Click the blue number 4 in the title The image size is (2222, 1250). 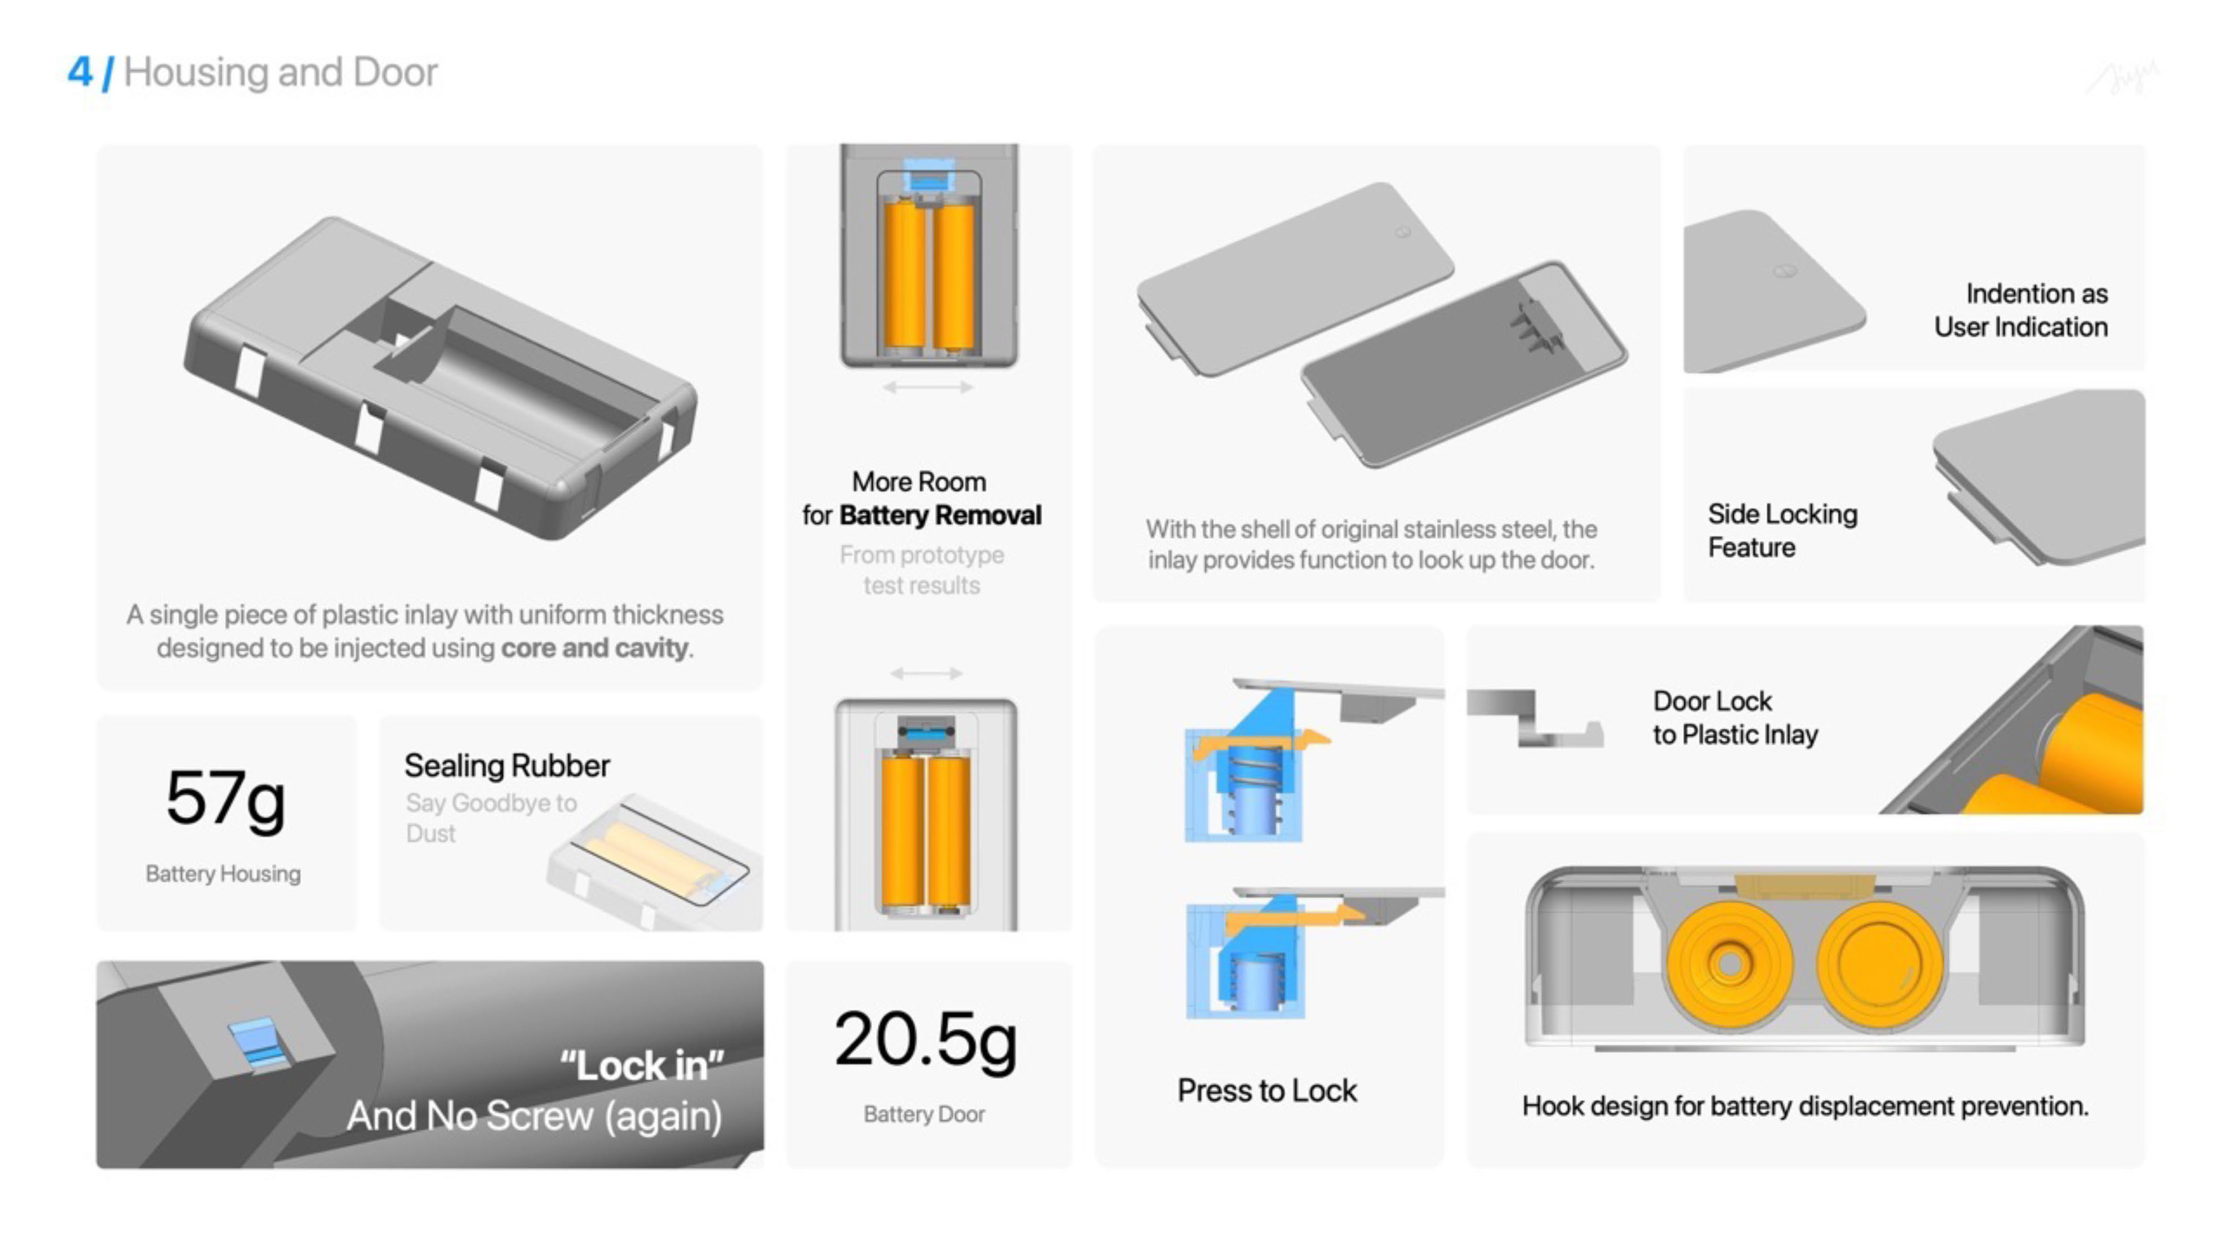(79, 72)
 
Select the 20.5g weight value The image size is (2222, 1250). (926, 1041)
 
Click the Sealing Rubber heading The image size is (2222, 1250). (507, 765)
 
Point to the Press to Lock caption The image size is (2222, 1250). (1267, 1090)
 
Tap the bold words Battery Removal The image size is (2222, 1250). (940, 515)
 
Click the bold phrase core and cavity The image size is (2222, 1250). (595, 648)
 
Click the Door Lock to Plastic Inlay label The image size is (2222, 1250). (1735, 718)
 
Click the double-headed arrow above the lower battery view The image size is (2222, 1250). (926, 673)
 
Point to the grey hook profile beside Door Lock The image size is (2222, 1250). (1535, 718)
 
